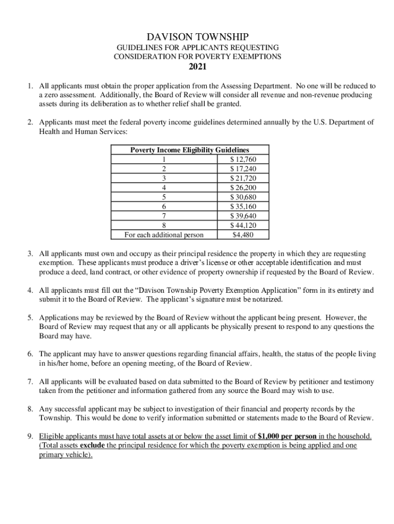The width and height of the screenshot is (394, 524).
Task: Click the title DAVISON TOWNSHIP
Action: [197, 37]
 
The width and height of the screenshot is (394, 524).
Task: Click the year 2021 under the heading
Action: [197, 67]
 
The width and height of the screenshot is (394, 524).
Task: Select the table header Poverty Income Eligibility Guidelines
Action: [189, 150]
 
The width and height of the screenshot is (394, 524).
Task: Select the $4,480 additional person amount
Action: [244, 235]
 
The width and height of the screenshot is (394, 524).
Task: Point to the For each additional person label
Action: [164, 235]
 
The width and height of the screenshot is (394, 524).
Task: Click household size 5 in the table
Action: [164, 198]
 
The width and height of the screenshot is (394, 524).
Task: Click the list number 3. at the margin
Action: [31, 254]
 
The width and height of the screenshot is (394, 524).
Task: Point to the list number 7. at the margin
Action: [31, 382]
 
